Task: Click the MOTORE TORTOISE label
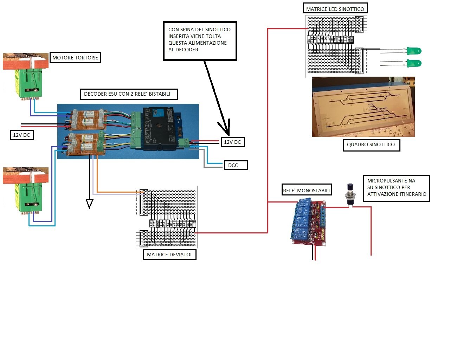(x=75, y=58)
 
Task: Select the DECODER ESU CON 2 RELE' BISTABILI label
(x=127, y=94)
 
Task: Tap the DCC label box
(x=233, y=165)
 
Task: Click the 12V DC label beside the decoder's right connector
(x=232, y=142)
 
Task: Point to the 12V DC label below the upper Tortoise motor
(x=21, y=135)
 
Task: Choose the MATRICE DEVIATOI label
(x=169, y=255)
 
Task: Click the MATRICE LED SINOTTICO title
(x=335, y=9)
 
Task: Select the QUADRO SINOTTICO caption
(x=371, y=144)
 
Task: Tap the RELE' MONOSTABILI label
(x=307, y=191)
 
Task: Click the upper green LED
(x=414, y=51)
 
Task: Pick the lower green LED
(x=414, y=64)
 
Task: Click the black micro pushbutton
(x=350, y=194)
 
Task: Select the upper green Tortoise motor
(x=30, y=83)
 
